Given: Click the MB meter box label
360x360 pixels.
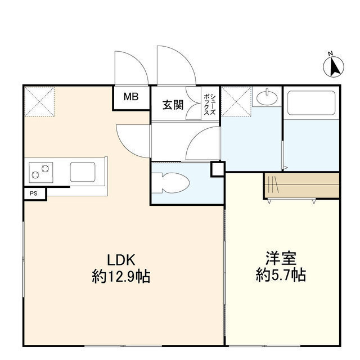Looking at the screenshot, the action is point(131,97).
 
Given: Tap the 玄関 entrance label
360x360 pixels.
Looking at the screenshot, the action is point(173,105).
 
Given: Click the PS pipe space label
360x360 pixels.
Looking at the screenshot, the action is point(34,193).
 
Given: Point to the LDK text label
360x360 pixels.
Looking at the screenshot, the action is point(121,260).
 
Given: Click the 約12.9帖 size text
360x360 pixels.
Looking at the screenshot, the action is point(121,277).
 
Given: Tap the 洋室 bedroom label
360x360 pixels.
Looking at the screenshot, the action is point(281,258).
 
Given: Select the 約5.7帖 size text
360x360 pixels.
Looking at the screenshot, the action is point(281,275).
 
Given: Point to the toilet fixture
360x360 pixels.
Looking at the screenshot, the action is point(171,183).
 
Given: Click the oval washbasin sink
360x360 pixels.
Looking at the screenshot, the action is point(267,98).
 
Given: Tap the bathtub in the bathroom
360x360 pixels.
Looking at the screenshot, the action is point(311,103).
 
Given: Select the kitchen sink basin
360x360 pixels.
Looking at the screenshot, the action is point(83,172).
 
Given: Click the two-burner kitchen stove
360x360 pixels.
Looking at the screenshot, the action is point(41,173).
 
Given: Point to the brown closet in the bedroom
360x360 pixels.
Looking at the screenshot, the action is point(301,185).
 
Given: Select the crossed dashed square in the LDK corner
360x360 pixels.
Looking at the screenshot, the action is point(40,101).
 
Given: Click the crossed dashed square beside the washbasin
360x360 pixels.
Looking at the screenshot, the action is point(237,101).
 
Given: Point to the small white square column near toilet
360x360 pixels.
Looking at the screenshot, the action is point(218,169).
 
